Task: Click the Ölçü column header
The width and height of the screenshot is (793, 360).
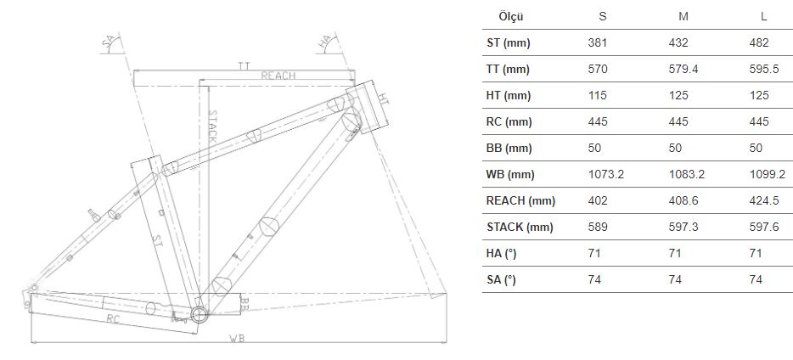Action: [511, 16]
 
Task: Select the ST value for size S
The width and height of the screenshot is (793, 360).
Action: [597, 42]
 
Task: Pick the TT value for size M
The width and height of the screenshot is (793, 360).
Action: [683, 69]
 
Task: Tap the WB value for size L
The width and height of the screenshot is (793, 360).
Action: [768, 174]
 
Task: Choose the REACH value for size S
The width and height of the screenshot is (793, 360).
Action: [597, 200]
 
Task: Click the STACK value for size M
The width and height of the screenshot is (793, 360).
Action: [683, 227]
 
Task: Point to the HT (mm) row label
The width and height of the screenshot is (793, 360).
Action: [509, 96]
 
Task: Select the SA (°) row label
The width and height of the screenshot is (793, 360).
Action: [501, 279]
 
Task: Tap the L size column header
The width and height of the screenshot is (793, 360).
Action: [763, 16]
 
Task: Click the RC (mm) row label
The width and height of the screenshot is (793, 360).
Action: [509, 122]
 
